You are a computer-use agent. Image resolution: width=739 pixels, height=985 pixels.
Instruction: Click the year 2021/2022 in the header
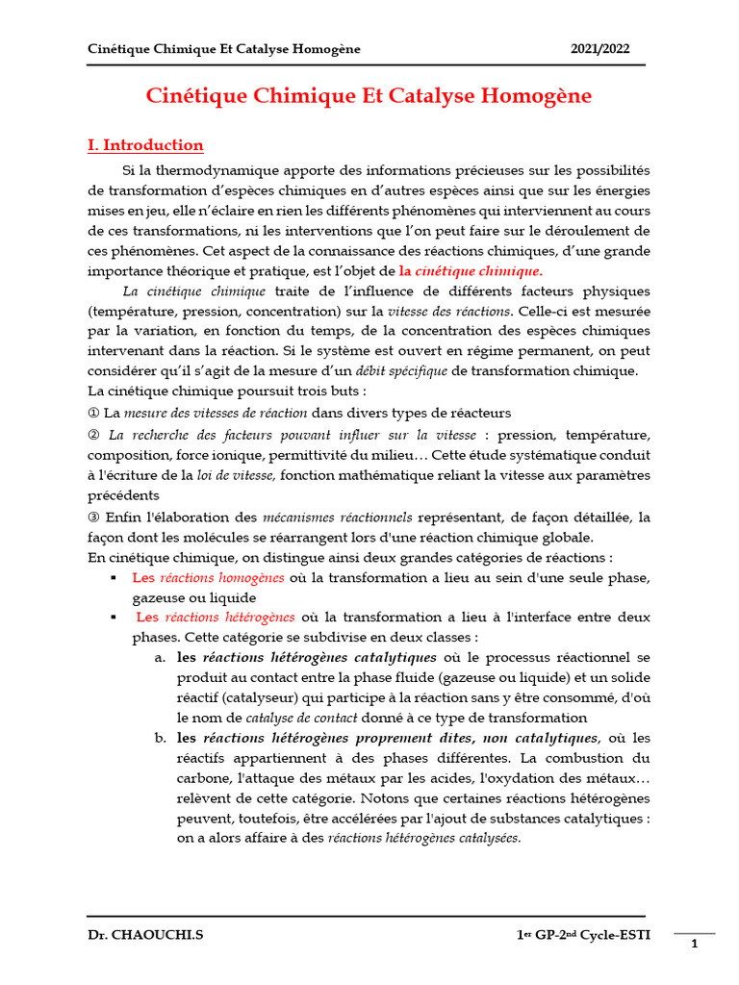click(600, 49)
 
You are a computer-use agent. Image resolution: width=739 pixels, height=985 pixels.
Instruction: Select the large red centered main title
click(369, 96)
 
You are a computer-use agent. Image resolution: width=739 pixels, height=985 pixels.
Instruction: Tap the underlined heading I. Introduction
click(145, 145)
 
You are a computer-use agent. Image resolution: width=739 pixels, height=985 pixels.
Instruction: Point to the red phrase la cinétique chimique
click(471, 271)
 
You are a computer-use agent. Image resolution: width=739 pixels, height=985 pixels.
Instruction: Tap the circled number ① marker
click(92, 413)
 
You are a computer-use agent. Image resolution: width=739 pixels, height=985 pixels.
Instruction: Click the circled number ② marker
click(92, 434)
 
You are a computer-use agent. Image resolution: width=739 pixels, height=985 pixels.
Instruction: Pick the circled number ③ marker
click(92, 517)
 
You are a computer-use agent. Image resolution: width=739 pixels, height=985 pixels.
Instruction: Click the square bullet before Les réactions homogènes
click(113, 578)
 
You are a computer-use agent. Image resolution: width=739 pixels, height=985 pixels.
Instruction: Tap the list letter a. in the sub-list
click(160, 658)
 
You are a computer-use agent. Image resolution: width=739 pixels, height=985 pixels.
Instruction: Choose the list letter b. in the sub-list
click(160, 738)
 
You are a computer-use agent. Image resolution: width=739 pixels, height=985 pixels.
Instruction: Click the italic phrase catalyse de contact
click(301, 718)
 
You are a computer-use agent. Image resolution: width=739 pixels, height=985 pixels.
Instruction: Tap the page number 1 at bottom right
click(694, 946)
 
